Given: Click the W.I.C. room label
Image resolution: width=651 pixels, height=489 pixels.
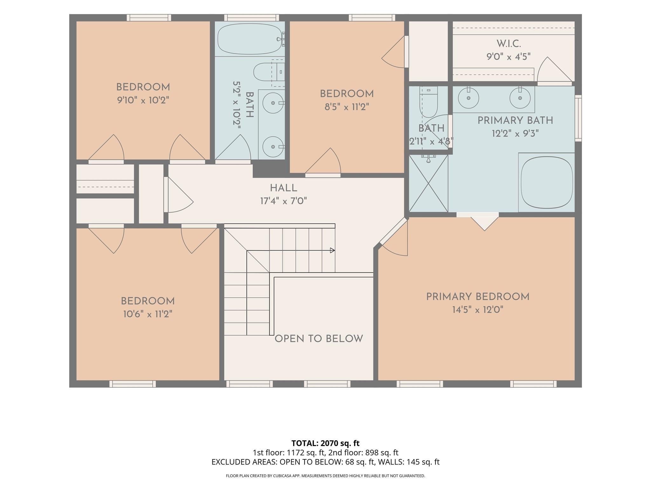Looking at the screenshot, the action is pos(509,44).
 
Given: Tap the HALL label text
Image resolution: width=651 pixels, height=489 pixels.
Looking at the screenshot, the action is pos(284,188).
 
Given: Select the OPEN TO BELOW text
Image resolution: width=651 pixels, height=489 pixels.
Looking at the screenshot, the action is pos(319,339).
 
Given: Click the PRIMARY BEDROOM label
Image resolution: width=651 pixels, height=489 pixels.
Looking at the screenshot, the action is pos(478,297).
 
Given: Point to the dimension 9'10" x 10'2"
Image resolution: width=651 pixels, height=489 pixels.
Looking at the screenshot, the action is pos(143,100).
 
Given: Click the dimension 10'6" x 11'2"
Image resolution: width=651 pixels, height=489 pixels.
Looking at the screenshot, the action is pos(148,314).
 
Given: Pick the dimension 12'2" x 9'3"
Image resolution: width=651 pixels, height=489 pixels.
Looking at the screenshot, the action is pos(515,133).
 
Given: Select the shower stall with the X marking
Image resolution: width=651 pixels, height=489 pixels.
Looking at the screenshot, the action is pos(428,183).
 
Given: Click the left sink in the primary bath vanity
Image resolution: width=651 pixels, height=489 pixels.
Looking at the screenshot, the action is pos(469,98).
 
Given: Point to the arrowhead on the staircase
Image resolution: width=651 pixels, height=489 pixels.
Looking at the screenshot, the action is pos(332,250).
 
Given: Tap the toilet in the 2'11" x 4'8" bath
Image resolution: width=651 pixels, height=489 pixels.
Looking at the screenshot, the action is pos(429,101).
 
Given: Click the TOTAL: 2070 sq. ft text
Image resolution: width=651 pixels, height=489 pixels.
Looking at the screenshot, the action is pos(325,443).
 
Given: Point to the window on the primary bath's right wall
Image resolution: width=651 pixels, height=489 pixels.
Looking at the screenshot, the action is pos(578,118).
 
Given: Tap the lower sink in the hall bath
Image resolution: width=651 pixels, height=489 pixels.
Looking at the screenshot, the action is pos(273,146).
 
